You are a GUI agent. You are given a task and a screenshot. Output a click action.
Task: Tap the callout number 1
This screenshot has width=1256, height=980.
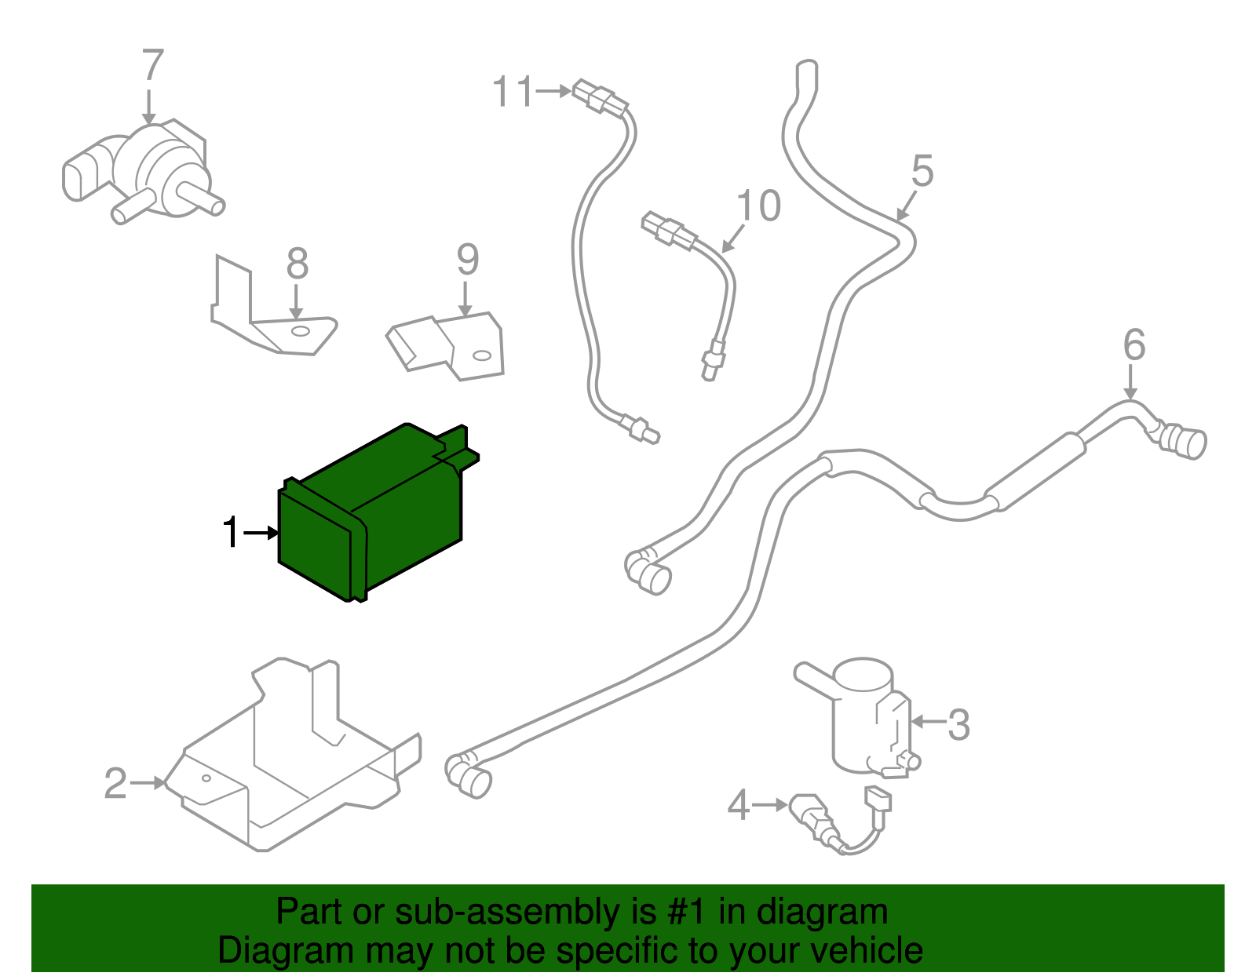click(x=230, y=533)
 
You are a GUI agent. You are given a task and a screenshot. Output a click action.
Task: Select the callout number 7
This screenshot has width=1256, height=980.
click(x=152, y=66)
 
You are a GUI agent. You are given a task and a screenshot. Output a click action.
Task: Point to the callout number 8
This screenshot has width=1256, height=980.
click(x=297, y=264)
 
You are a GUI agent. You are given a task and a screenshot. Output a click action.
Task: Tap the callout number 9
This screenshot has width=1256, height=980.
click(x=467, y=260)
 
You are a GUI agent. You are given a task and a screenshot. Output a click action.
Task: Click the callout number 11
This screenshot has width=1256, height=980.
click(x=513, y=92)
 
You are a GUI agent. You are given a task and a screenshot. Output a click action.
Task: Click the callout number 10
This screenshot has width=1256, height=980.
click(x=758, y=206)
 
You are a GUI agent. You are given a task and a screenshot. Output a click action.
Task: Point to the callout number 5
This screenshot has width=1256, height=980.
click(x=922, y=171)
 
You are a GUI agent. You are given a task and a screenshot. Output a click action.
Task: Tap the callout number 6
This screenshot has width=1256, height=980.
click(x=1134, y=345)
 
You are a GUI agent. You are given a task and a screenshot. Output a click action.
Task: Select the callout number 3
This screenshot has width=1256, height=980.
click(x=958, y=725)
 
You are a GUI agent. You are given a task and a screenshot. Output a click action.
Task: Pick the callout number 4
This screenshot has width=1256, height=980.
click(x=738, y=806)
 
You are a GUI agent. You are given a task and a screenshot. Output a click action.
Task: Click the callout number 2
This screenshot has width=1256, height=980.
click(x=115, y=783)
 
